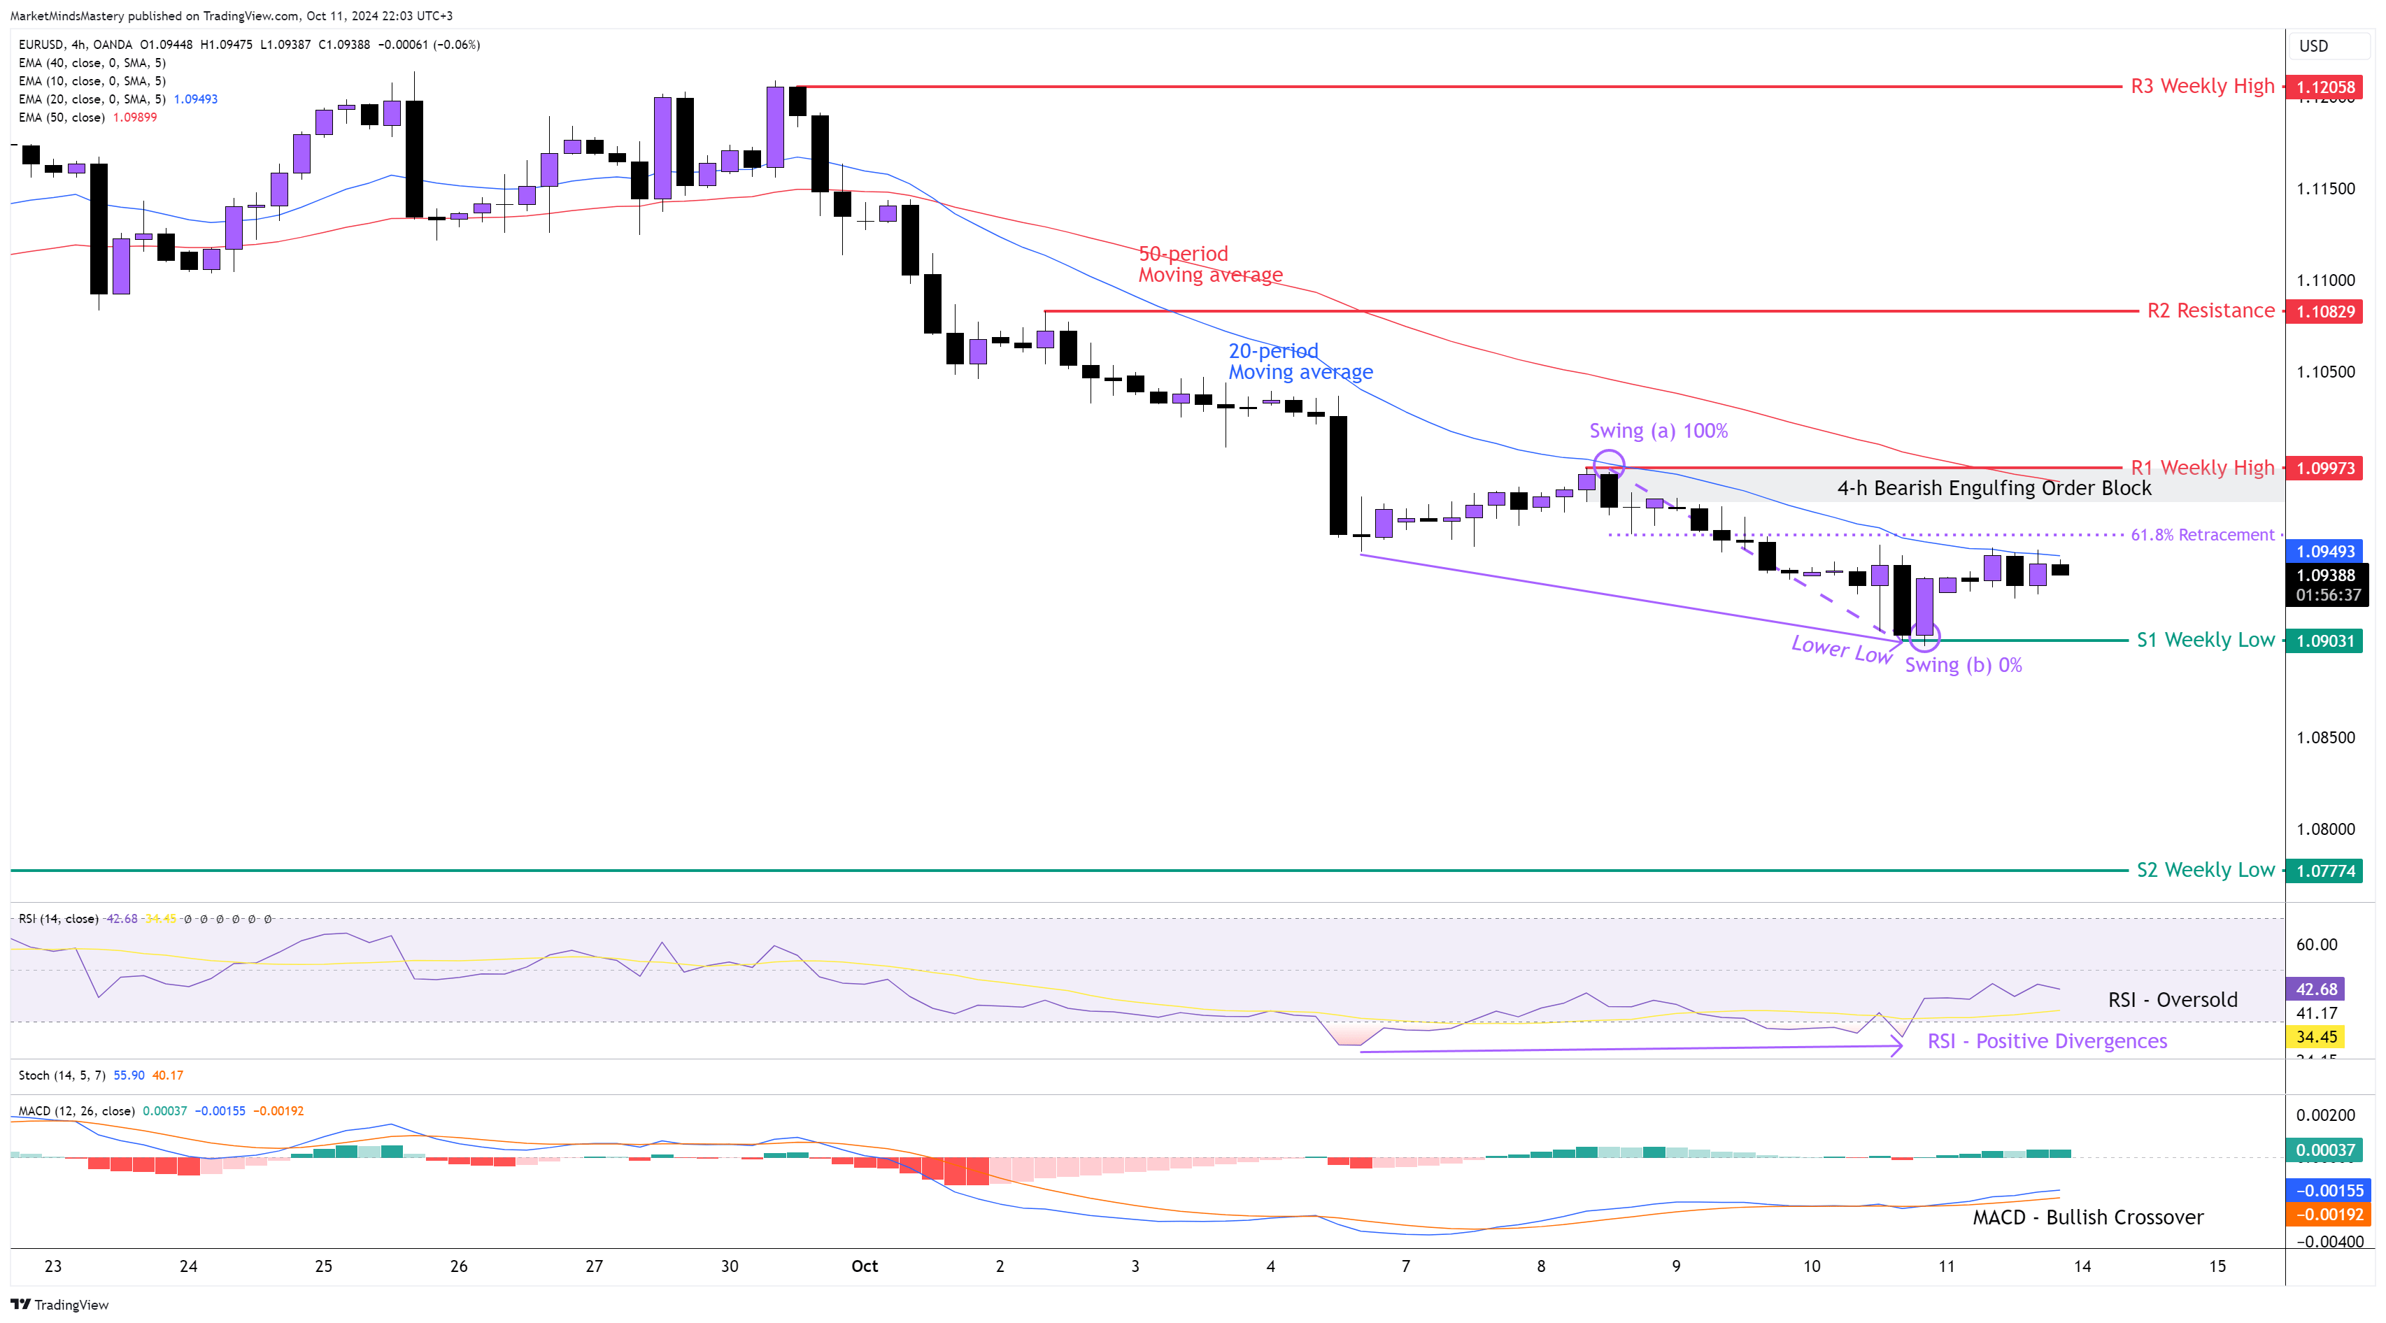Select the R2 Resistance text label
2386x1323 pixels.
click(2210, 311)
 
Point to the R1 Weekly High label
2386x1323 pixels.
click(2201, 468)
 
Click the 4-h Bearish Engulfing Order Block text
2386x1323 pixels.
click(1994, 488)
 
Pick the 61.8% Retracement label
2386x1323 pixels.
click(2201, 535)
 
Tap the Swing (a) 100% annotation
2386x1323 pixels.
click(1658, 431)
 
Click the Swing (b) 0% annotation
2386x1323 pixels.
click(1963, 665)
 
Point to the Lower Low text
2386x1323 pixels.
click(1841, 649)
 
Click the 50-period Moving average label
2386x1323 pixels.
click(1209, 264)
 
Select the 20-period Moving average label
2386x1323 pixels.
click(1300, 361)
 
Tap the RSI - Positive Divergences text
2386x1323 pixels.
click(2047, 1040)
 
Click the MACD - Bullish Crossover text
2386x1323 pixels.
click(2088, 1217)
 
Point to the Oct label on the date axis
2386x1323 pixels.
click(864, 1266)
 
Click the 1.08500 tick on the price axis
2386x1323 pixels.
click(2325, 738)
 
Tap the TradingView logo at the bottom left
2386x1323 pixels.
click(60, 1305)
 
